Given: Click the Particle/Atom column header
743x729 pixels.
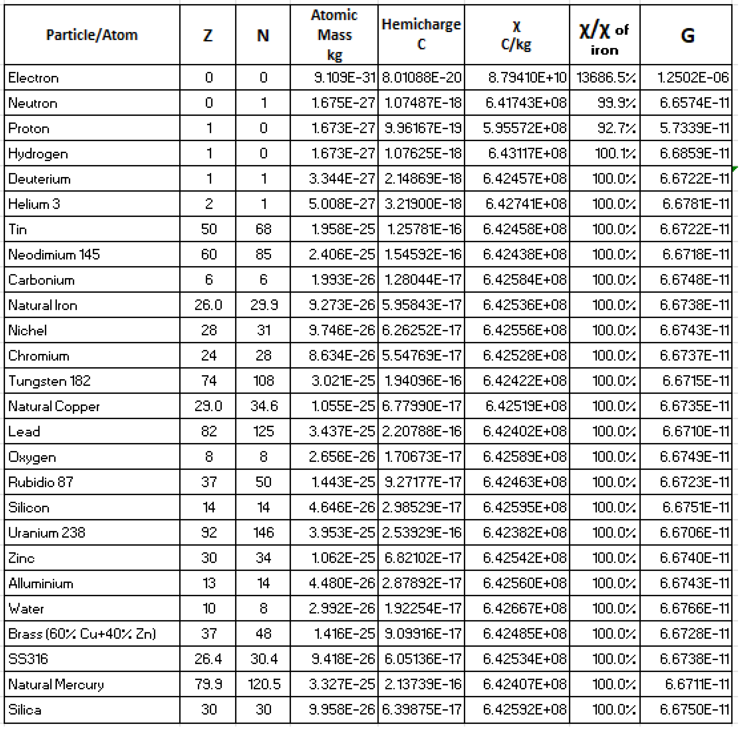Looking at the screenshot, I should coord(92,35).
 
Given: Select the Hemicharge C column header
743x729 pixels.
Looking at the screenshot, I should coord(421,34).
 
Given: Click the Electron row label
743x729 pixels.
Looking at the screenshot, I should coord(34,78).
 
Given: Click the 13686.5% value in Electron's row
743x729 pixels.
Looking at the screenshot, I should coord(606,78).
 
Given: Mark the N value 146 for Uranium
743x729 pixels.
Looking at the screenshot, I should coord(263,533).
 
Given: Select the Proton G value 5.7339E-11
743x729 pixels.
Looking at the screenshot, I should coord(694,128).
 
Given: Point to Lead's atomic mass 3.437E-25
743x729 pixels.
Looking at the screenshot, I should coord(342,432).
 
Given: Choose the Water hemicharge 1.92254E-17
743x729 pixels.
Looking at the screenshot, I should coord(423,608).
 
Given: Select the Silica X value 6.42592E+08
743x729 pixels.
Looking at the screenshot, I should coord(525,709).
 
